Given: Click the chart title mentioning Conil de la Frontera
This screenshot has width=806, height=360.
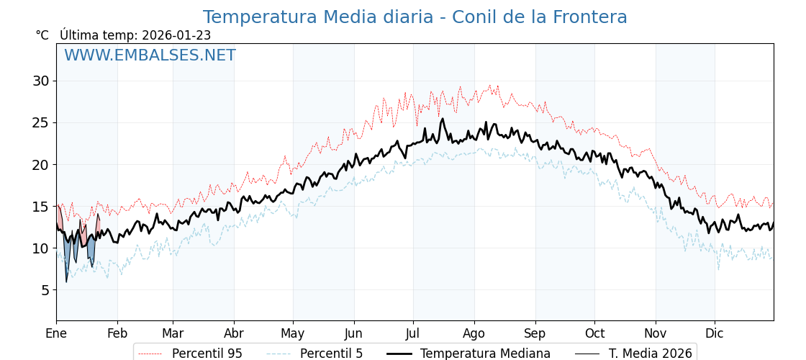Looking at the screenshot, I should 415,17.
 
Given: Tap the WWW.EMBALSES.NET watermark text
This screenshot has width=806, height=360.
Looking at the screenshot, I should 150,55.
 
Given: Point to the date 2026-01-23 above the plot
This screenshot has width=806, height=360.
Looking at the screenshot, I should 176,35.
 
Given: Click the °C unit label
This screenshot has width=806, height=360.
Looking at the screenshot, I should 42,35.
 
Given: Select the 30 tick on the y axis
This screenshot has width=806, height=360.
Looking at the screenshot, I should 40,81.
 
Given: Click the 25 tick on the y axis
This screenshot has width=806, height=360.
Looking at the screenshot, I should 40,122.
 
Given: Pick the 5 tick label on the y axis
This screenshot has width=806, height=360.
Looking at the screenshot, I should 45,290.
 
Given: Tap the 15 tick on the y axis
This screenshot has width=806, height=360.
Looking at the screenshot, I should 40,207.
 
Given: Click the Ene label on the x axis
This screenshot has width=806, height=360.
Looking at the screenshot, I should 56,333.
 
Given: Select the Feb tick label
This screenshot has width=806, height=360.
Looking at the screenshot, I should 117,333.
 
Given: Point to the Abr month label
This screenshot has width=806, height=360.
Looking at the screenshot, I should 234,333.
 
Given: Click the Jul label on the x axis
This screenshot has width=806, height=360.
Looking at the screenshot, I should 413,333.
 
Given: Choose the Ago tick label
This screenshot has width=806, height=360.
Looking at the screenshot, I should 474,333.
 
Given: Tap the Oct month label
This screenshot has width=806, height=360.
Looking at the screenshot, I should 594,333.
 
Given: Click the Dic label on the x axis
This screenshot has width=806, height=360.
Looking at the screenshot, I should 715,333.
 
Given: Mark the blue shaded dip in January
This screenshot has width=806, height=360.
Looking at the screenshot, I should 67,256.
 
